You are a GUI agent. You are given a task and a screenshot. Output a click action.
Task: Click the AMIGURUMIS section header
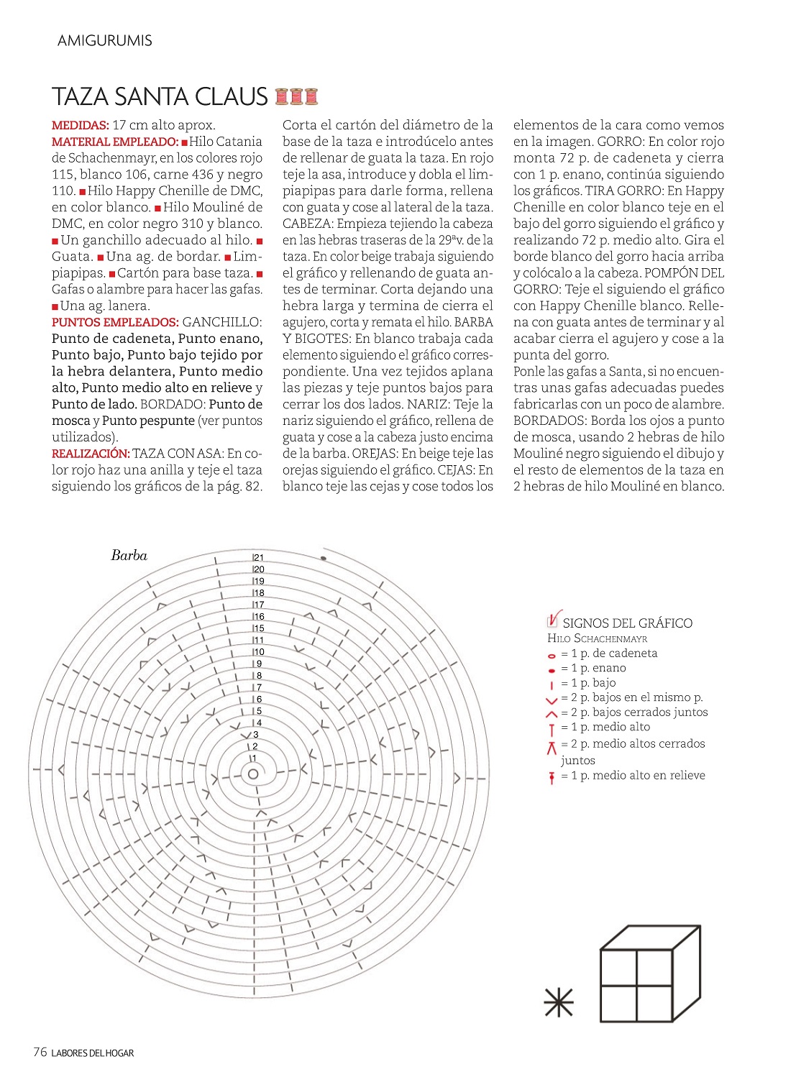pos(105,41)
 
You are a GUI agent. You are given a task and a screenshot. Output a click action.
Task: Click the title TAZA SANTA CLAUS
pos(160,96)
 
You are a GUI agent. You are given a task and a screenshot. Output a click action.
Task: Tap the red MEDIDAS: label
pos(80,125)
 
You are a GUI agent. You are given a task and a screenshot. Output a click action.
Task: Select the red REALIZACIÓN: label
pos(91,454)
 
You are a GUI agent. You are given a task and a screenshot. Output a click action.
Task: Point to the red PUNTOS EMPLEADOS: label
pos(115,322)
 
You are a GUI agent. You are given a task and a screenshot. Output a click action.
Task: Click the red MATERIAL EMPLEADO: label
pos(115,142)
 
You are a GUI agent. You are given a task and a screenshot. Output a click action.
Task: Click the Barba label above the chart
pos(129,555)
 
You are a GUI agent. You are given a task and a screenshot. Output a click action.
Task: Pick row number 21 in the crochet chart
pos(259,557)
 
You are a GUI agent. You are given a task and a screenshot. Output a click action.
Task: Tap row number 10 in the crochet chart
pos(259,652)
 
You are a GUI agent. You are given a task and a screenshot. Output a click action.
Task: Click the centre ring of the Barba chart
pos(253,774)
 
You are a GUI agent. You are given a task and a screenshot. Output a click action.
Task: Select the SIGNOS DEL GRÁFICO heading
pos(627,623)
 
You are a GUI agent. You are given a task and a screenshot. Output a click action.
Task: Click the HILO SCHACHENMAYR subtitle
pos(597,638)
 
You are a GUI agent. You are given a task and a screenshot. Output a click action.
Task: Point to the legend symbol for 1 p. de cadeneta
pos(552,656)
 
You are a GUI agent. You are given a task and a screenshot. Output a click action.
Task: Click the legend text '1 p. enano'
pos(598,668)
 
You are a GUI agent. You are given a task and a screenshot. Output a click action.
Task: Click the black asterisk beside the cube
pos(559,1003)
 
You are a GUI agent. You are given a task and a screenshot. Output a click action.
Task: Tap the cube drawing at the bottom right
pos(649,973)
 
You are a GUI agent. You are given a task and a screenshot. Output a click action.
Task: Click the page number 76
pos(40,1053)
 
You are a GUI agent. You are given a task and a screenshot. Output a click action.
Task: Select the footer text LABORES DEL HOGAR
pos(93,1053)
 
